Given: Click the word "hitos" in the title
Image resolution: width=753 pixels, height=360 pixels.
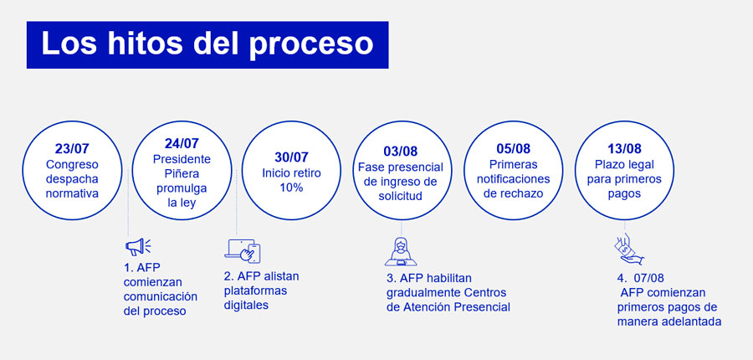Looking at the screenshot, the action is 145,44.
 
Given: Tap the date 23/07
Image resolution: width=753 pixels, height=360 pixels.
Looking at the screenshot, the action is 72,150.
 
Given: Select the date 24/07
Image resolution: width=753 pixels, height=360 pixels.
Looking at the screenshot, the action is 182,144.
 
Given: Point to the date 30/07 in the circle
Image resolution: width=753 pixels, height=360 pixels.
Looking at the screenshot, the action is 291,157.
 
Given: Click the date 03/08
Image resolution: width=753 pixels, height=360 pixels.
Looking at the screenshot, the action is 401,151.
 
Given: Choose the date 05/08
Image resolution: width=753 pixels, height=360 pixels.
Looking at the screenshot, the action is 514,150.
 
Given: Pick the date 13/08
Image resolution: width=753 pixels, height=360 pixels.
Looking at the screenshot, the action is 624,150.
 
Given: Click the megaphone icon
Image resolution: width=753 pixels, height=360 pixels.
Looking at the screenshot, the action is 138,247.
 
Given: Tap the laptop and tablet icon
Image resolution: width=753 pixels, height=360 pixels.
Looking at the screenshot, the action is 243,251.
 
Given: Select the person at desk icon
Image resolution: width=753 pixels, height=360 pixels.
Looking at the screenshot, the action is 401,251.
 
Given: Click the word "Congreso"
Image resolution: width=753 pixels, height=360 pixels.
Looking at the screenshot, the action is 72,165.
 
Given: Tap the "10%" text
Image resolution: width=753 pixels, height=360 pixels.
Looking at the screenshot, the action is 291,188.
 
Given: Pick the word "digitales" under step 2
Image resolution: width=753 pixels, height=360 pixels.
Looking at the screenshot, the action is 246,306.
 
